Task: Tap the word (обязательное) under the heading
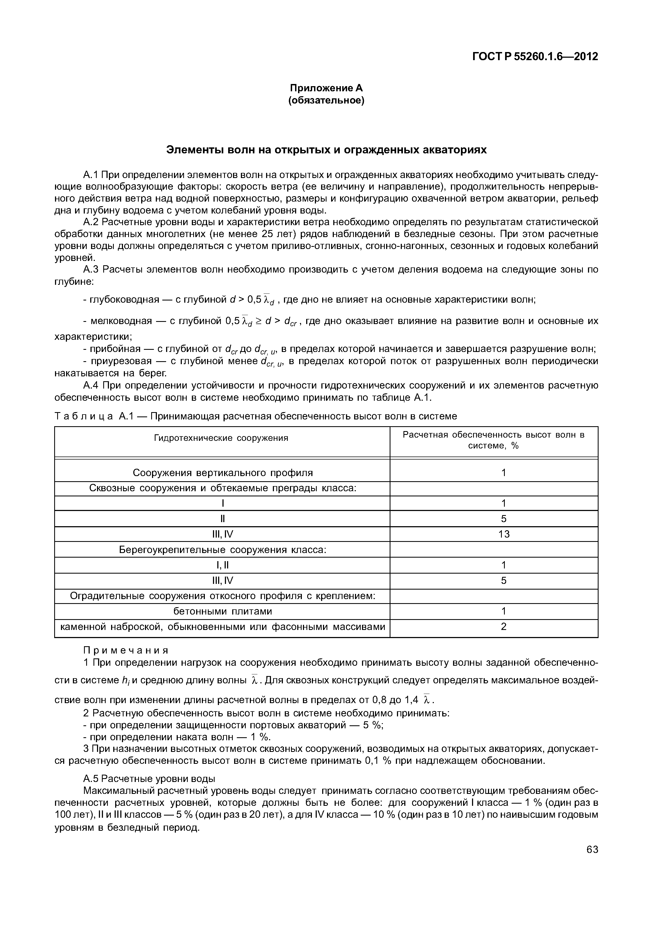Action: (x=326, y=100)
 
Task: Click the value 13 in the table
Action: (x=504, y=534)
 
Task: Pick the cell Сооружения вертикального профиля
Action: (x=223, y=473)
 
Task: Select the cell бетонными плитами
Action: (x=223, y=611)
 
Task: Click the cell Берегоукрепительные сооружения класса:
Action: (x=223, y=550)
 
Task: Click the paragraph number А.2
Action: (x=91, y=222)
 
